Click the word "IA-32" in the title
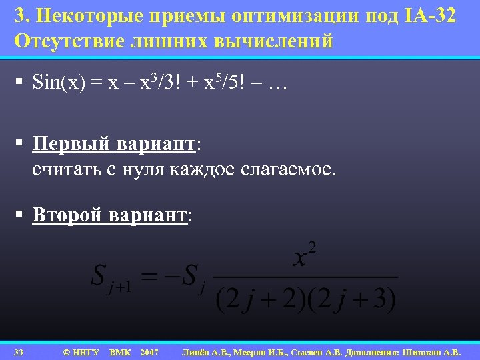click(x=432, y=16)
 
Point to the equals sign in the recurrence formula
click(x=157, y=275)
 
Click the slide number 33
click(x=19, y=351)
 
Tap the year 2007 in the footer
click(x=149, y=351)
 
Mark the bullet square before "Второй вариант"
click(x=21, y=215)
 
